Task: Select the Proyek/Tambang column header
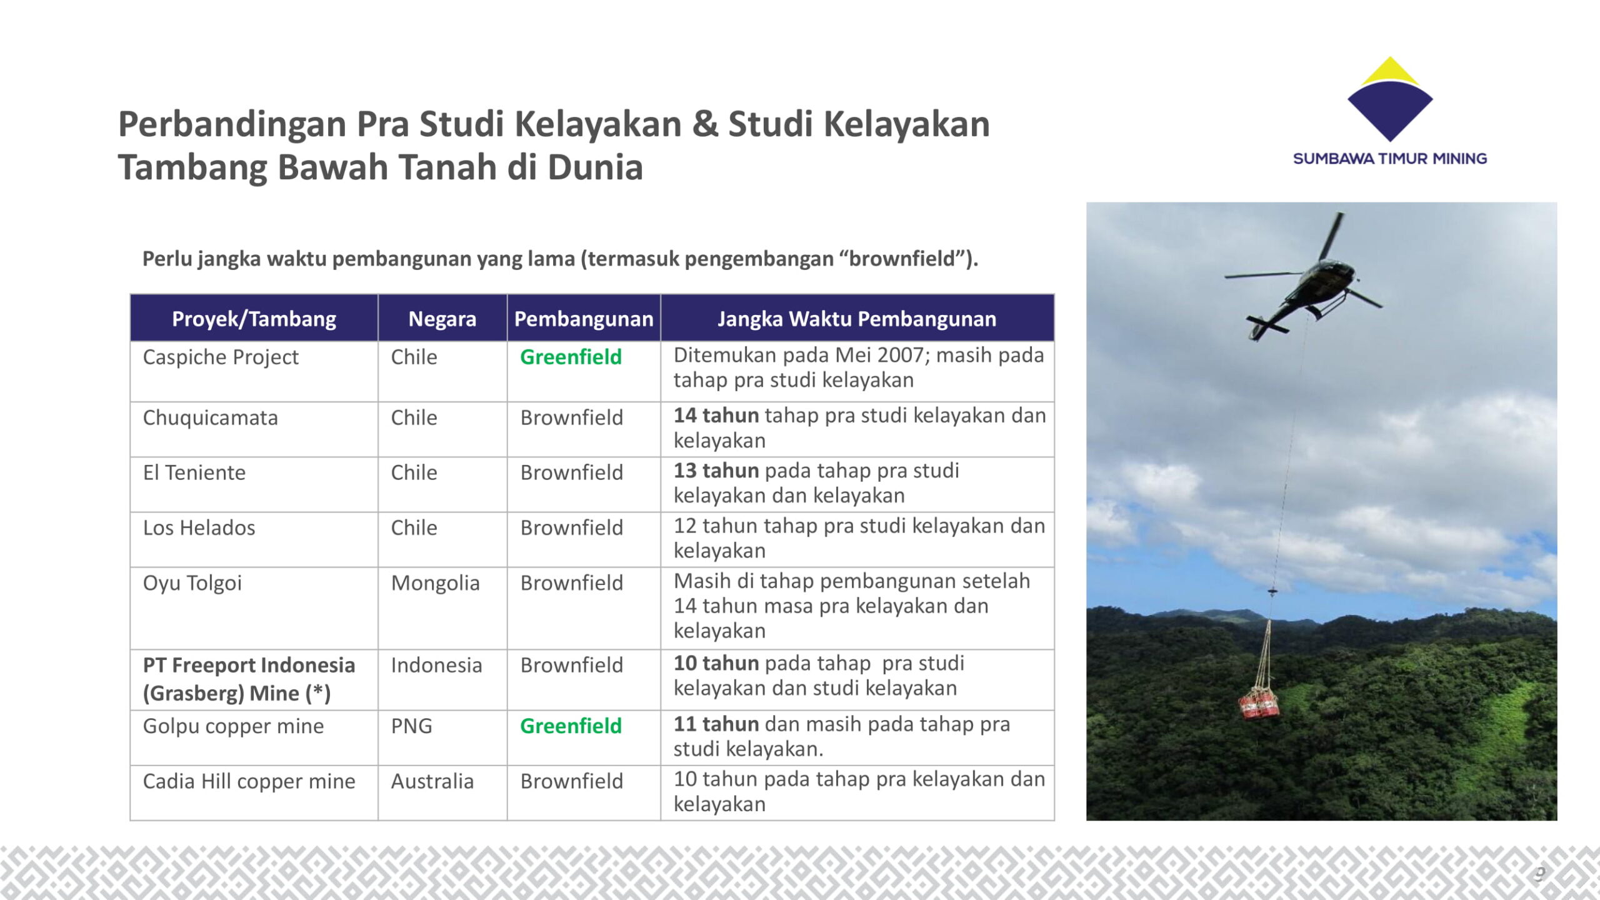point(254,319)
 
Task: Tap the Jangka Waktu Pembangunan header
point(857,319)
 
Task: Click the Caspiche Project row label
point(221,357)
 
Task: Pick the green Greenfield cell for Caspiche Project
point(571,357)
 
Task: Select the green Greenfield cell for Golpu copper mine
point(571,726)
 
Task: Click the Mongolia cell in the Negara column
point(435,583)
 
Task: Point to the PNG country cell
point(411,726)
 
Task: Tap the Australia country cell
point(432,781)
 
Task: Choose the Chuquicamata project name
point(211,417)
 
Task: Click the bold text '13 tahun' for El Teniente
point(716,471)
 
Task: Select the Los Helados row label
point(199,528)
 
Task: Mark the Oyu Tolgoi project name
point(192,583)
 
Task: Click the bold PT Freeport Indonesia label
point(249,665)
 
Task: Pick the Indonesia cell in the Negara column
point(436,665)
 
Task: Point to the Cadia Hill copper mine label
point(249,781)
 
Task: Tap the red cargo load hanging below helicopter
point(1259,702)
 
